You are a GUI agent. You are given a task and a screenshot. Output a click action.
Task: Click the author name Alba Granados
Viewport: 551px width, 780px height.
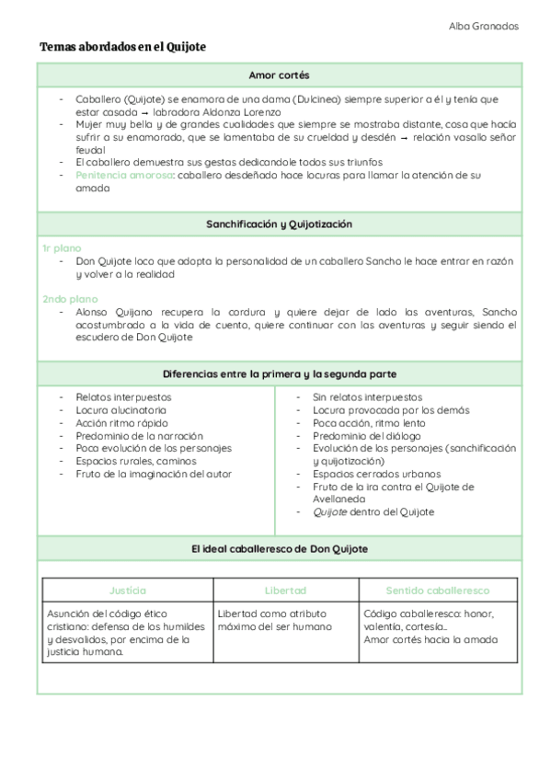pyautogui.click(x=483, y=26)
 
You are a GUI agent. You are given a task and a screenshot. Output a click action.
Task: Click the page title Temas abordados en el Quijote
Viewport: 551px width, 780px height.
pyautogui.click(x=122, y=46)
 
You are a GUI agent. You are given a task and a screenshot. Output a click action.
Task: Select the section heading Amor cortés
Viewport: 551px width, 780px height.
pyautogui.click(x=279, y=75)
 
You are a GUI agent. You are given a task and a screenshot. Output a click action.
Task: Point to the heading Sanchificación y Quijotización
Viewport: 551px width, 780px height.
pyautogui.click(x=279, y=224)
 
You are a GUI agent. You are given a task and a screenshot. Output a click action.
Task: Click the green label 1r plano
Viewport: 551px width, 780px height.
pyautogui.click(x=62, y=248)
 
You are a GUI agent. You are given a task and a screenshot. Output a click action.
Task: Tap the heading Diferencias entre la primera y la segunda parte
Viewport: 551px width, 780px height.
pyautogui.click(x=279, y=373)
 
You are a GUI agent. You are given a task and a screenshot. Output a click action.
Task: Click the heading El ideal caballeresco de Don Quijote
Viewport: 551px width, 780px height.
pyautogui.click(x=279, y=548)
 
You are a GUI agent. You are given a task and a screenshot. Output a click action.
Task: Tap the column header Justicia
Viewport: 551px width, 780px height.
pyautogui.click(x=127, y=590)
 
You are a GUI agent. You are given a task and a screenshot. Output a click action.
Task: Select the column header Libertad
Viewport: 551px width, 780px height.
pyautogui.click(x=285, y=590)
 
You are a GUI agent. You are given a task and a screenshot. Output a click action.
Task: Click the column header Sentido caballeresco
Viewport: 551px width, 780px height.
pyautogui.click(x=437, y=590)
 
